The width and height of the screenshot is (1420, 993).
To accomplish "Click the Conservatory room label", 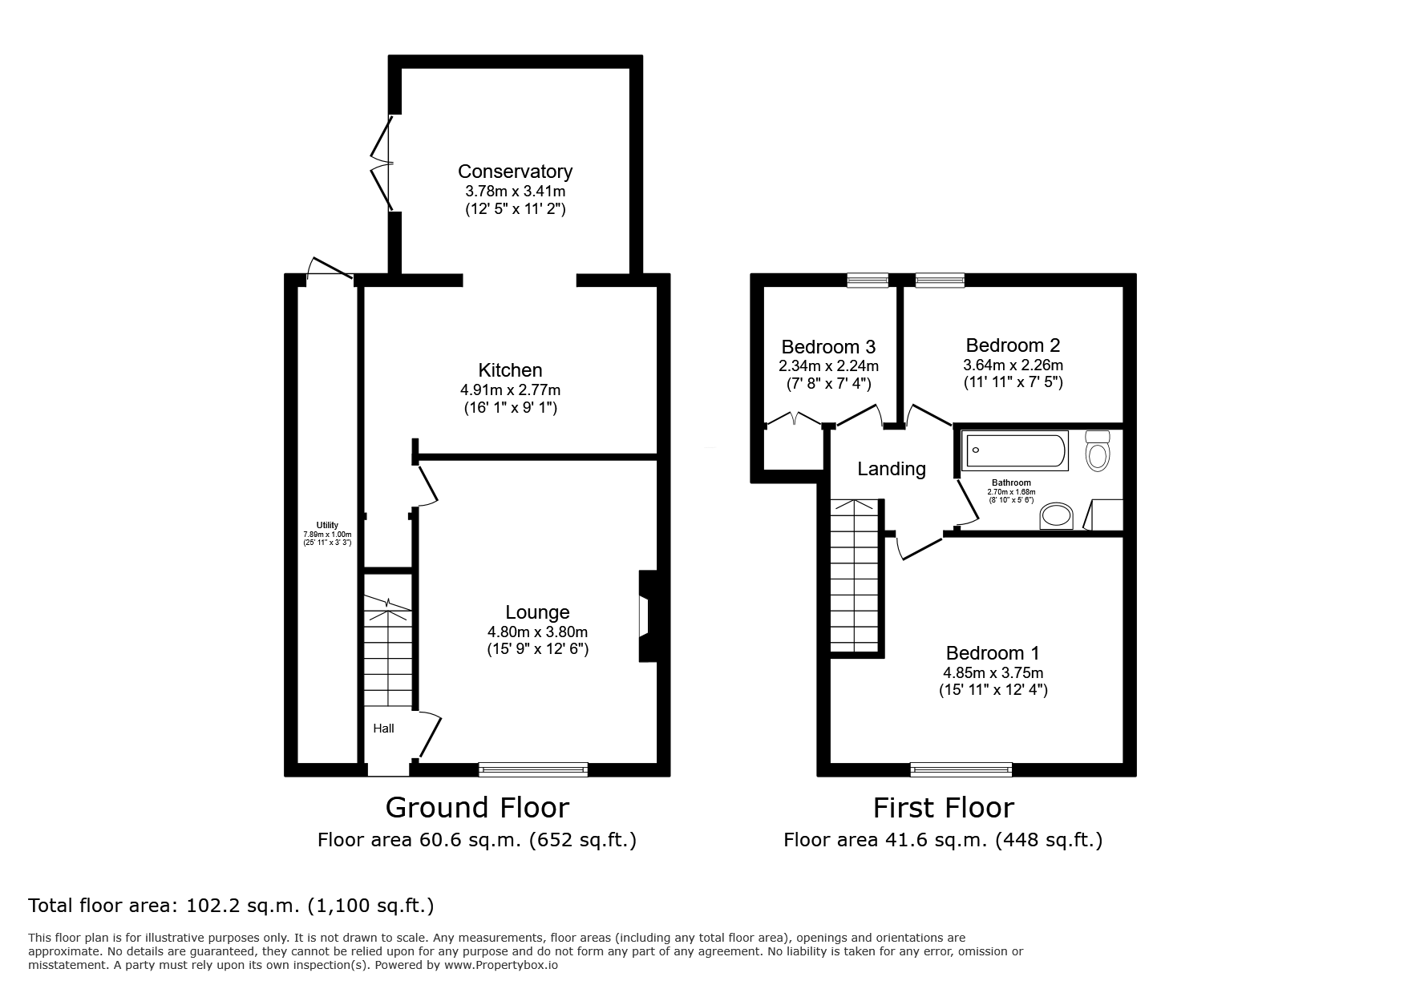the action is click(515, 172).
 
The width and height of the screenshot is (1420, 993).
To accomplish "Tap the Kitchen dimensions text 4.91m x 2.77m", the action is click(510, 390).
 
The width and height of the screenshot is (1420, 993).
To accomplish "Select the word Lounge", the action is click(537, 613).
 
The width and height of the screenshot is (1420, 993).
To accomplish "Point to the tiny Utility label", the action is click(327, 525).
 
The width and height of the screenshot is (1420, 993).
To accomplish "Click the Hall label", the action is click(384, 729).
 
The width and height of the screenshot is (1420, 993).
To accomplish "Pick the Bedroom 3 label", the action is click(828, 347).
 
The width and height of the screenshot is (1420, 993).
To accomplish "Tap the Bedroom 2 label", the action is click(1013, 345).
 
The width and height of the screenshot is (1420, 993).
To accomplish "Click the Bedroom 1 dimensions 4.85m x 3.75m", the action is click(993, 673).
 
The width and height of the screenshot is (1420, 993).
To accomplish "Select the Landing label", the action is click(892, 469).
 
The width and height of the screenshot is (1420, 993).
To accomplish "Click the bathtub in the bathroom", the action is click(1016, 450).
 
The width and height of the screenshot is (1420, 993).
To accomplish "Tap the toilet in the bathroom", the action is click(1097, 450).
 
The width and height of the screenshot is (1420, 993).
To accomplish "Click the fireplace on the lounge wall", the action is click(647, 616).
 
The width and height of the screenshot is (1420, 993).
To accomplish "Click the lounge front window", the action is click(533, 769).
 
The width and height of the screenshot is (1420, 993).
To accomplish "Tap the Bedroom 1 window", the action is click(961, 769).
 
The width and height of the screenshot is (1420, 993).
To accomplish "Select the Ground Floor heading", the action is click(477, 807).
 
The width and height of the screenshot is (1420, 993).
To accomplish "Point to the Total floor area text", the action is click(231, 906).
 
